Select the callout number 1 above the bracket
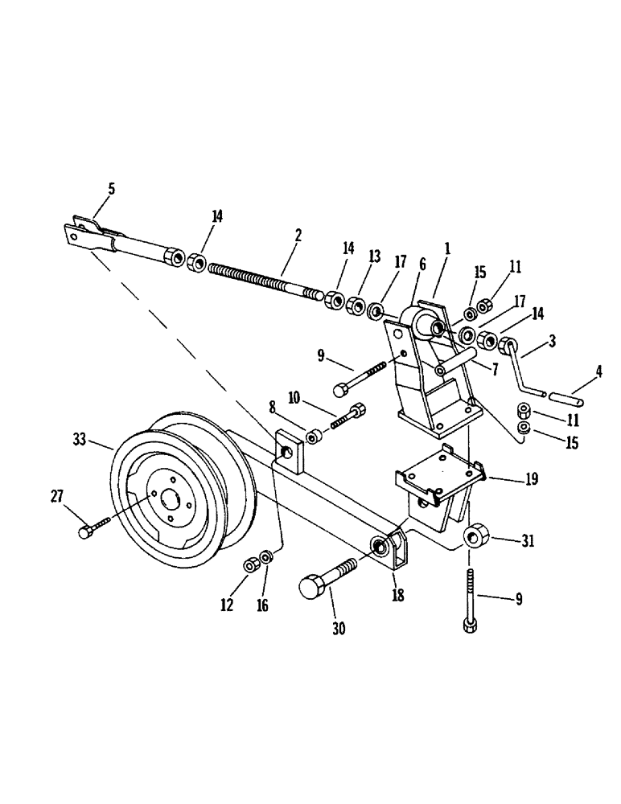tap(447, 250)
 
